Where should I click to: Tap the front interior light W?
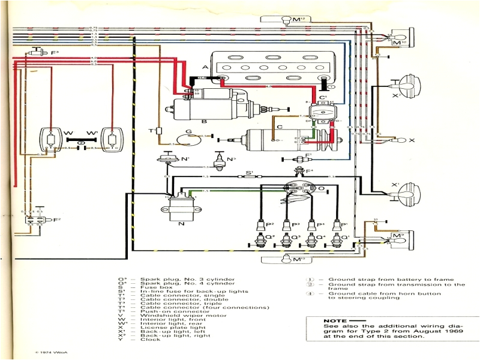[x=50, y=142]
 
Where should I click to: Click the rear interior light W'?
[x=109, y=142]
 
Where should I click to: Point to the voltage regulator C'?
[x=323, y=109]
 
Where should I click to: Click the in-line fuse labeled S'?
[x=248, y=176]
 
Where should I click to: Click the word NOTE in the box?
[x=335, y=321]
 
